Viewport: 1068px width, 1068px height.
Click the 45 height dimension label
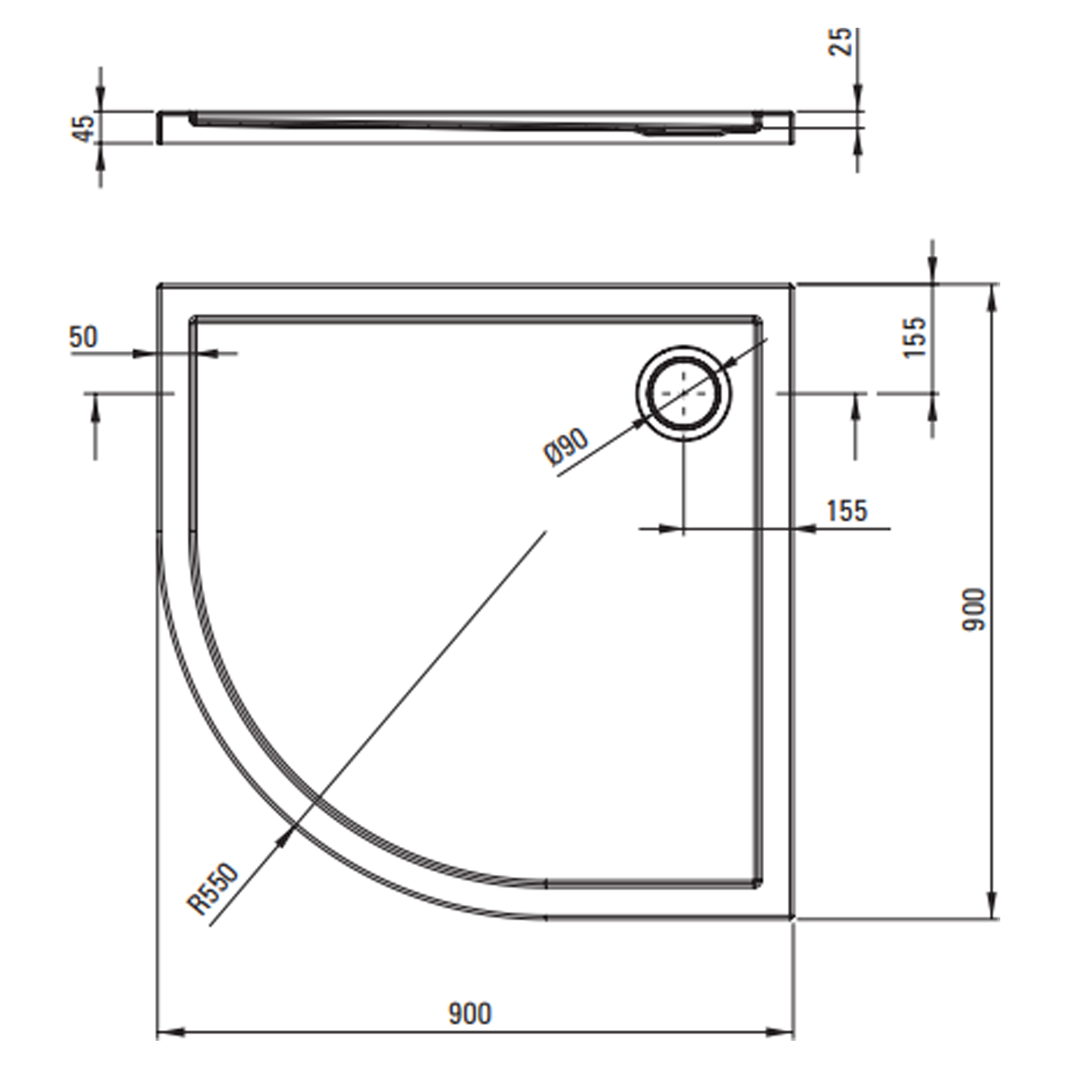(x=84, y=128)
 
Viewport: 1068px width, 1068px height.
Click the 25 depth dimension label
(x=840, y=42)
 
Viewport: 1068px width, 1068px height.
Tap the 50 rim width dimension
(x=83, y=336)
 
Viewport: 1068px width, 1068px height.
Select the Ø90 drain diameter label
(x=567, y=447)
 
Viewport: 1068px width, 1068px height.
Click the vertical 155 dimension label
(x=915, y=337)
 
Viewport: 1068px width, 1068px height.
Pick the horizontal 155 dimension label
(x=847, y=511)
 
